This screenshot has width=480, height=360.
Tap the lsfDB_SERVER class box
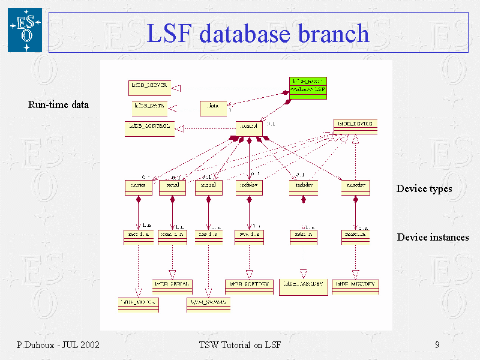tap(149, 88)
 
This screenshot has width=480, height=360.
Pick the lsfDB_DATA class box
tap(149, 108)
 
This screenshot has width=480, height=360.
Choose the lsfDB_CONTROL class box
tap(149, 128)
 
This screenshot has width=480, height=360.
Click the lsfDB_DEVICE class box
tap(355, 126)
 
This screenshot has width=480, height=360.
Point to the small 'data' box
tap(213, 108)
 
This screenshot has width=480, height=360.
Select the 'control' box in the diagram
tap(249, 128)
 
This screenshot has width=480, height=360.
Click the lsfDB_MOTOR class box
tap(138, 303)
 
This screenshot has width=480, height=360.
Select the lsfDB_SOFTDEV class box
tap(249, 285)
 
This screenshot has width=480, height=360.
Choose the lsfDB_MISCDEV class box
tap(356, 285)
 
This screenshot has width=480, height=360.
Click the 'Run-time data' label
tap(58, 105)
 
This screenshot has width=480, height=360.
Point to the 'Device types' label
tap(424, 189)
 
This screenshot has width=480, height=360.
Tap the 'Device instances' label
tap(433, 238)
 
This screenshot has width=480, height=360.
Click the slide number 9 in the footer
tap(437, 345)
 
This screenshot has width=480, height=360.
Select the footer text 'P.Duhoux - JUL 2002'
tap(58, 345)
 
